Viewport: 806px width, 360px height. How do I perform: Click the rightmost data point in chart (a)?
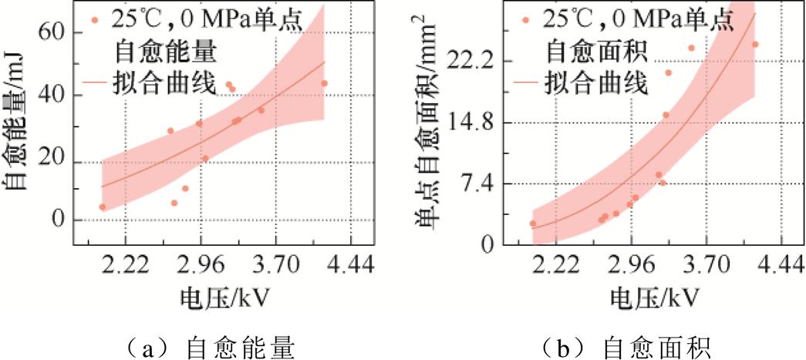pyautogui.click(x=324, y=83)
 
